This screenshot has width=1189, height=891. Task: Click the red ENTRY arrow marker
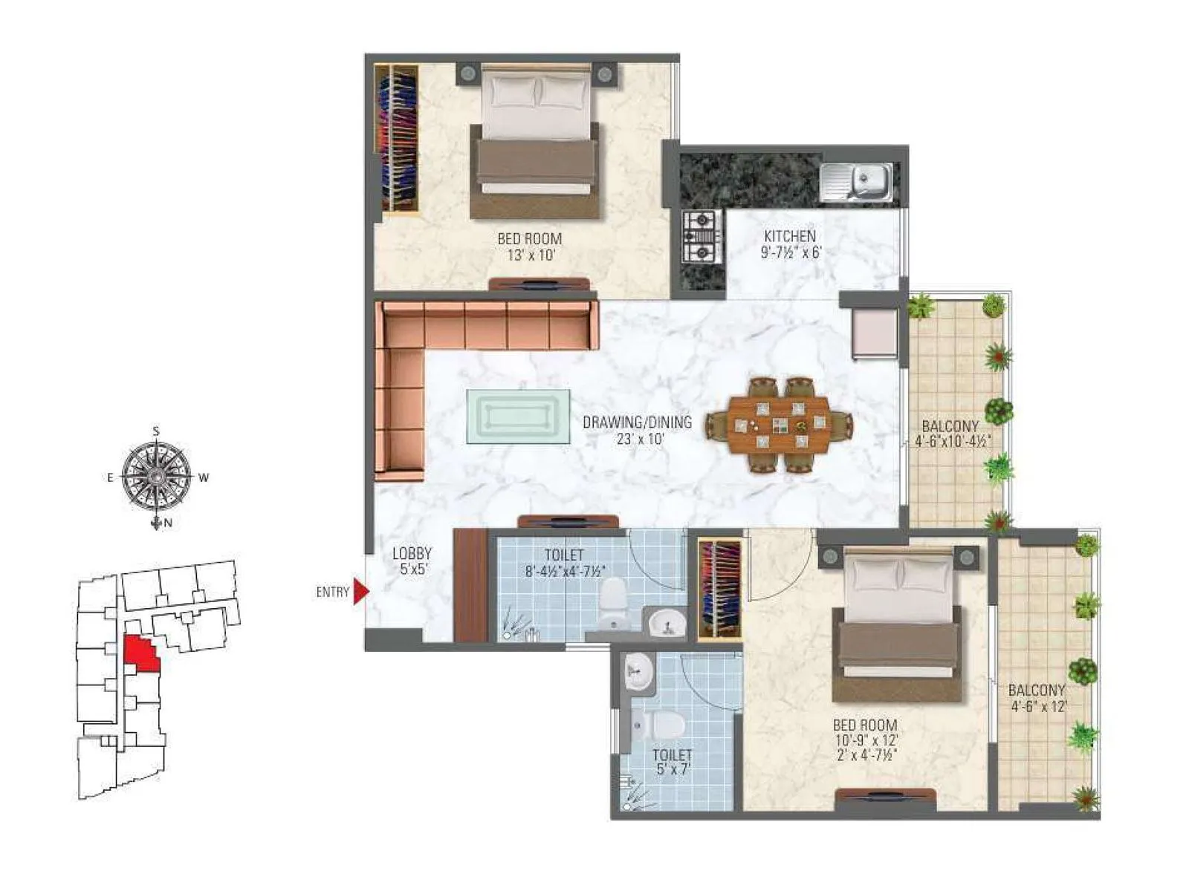[x=360, y=591]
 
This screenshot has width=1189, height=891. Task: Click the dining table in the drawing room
[x=779, y=425]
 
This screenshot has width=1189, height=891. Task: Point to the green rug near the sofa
[x=518, y=417]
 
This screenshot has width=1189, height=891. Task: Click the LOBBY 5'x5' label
[x=412, y=561]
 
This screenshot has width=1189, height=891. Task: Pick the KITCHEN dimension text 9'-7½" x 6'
[x=790, y=252]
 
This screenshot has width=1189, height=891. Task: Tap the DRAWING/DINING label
[x=637, y=422]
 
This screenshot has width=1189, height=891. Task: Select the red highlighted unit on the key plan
[x=140, y=653]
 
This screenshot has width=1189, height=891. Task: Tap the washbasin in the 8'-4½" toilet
[x=667, y=622]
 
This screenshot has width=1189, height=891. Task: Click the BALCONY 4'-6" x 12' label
[x=1037, y=698]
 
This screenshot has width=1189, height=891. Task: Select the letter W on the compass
[x=204, y=477]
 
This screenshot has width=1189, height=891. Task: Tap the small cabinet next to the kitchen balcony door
[x=874, y=332]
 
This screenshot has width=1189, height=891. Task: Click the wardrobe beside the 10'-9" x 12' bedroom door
[x=719, y=589]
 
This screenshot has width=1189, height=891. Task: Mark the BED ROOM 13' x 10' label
[x=529, y=247]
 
